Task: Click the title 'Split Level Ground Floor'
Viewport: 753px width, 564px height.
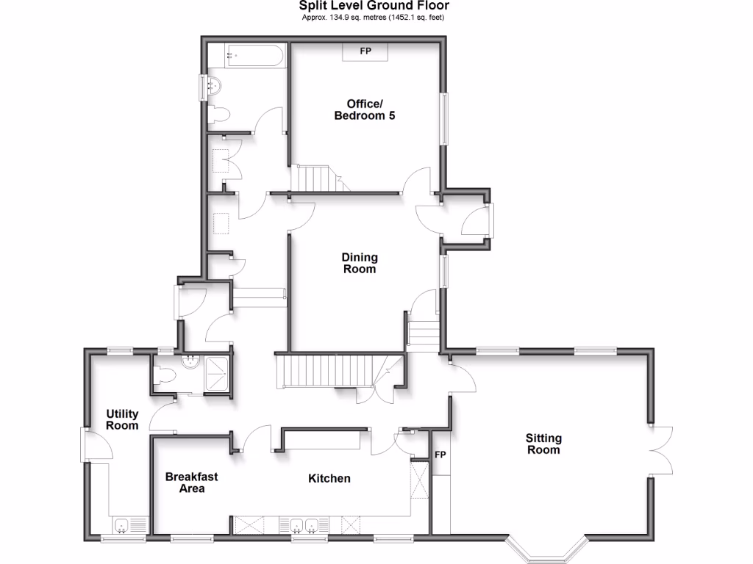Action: coord(376,6)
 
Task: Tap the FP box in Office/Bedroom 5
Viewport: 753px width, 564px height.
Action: coord(365,52)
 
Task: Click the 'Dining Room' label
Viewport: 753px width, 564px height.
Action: coord(360,263)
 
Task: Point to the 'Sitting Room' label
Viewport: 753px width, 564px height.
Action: coord(543,444)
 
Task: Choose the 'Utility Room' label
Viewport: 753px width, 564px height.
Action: coord(122,420)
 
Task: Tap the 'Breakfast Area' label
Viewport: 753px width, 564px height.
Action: coord(191,482)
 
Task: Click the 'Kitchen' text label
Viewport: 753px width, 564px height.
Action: coord(329,479)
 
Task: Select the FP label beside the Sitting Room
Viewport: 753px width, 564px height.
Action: coord(440,455)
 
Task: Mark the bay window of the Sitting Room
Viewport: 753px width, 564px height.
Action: coord(548,549)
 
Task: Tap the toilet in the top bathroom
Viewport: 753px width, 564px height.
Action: coord(218,114)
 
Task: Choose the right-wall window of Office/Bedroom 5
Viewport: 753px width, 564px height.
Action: coord(443,117)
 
